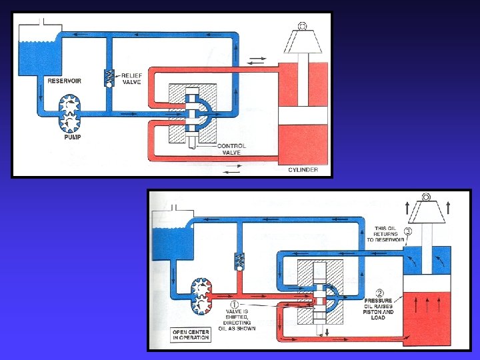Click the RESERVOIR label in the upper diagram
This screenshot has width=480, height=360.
(x=65, y=81)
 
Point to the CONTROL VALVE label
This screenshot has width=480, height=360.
(x=231, y=149)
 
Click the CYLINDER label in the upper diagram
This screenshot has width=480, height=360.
(x=303, y=169)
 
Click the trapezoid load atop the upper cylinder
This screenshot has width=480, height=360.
(x=303, y=42)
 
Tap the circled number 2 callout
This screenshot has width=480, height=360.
(x=379, y=293)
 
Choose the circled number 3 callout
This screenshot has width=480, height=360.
(x=408, y=231)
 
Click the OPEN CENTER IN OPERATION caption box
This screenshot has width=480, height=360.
(x=191, y=334)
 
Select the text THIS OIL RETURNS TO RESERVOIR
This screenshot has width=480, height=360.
(x=386, y=235)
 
